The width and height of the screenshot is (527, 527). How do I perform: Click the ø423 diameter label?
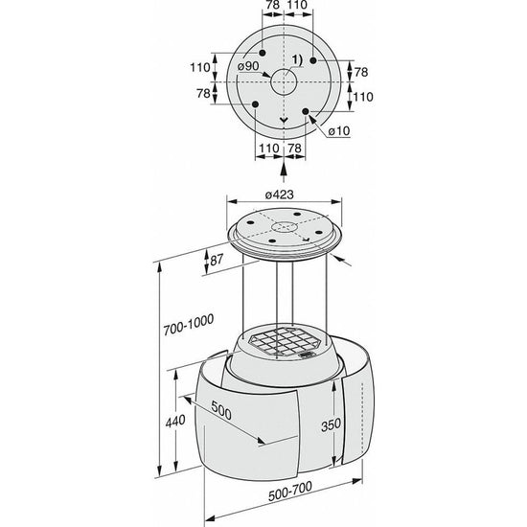[x=279, y=195]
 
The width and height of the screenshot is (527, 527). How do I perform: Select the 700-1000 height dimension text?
[x=189, y=325]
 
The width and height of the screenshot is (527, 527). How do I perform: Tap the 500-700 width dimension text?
[x=290, y=492]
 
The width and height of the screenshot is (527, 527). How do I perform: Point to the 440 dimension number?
[x=175, y=421]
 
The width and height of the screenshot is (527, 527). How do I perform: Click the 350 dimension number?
[x=332, y=425]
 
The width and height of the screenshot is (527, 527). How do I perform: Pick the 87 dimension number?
[x=217, y=260]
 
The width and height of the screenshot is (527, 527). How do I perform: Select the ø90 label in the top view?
[x=248, y=66]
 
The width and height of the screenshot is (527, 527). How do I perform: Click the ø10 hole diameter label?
[x=339, y=130]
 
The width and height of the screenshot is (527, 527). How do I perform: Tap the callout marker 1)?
[x=297, y=60]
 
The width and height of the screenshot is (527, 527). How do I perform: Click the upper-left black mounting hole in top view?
[x=263, y=53]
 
